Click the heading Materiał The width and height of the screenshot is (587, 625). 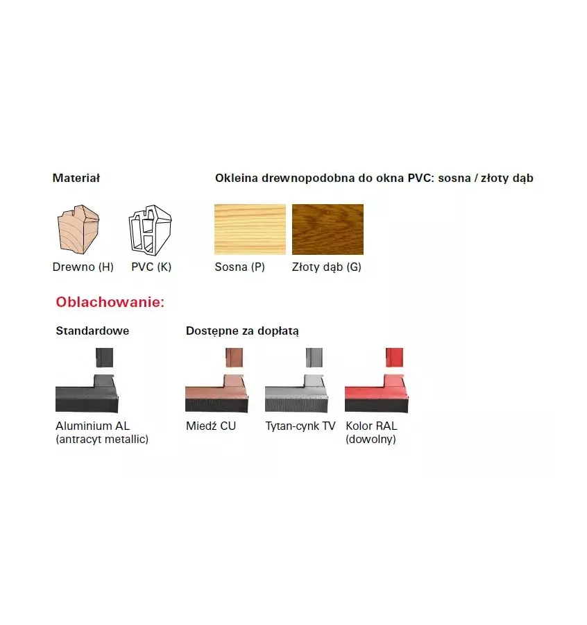pos(76,178)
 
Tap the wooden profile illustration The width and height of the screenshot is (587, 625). pos(78,229)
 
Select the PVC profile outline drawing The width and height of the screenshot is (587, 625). pos(150,230)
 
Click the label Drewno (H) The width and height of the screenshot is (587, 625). pos(83,267)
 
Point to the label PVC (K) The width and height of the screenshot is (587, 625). pos(151,267)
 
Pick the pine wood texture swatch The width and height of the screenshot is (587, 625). pos(250,229)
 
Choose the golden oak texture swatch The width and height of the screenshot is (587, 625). pos(327,229)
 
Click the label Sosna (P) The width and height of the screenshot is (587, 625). pos(240,267)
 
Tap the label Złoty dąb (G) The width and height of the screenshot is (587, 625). pos(327,267)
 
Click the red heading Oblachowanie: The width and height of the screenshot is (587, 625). pos(110,302)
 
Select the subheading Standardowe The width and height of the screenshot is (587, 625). pos(92,331)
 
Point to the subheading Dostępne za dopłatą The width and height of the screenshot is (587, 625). pos(242,331)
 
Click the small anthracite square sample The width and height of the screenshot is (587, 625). pos(104,358)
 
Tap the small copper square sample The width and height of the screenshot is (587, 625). pos(234,358)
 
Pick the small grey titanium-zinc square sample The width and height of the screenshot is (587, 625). pos(314,358)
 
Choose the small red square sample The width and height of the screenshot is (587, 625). pos(394,358)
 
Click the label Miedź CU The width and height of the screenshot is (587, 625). pos(211,426)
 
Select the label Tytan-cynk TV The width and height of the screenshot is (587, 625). pos(300,426)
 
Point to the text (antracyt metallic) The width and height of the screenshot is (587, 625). pos(102,440)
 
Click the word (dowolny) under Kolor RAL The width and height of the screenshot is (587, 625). pos(371,440)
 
